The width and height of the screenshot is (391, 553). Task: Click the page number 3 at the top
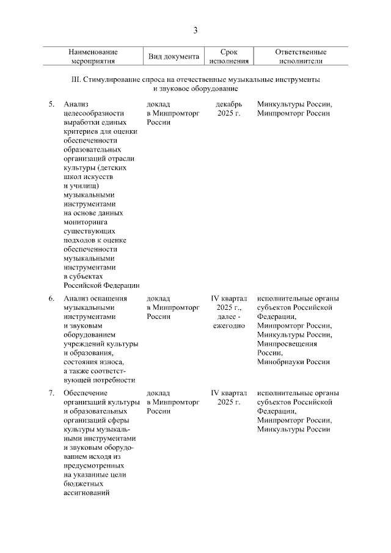195,31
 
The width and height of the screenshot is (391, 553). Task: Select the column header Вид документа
174,57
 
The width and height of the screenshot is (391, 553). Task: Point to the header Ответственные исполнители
301,57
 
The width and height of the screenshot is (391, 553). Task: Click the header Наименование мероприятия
93,57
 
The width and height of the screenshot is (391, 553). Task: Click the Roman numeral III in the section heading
76,80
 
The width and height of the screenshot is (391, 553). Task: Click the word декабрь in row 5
229,104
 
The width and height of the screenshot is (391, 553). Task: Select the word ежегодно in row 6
228,326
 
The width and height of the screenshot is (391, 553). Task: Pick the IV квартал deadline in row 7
228,392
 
